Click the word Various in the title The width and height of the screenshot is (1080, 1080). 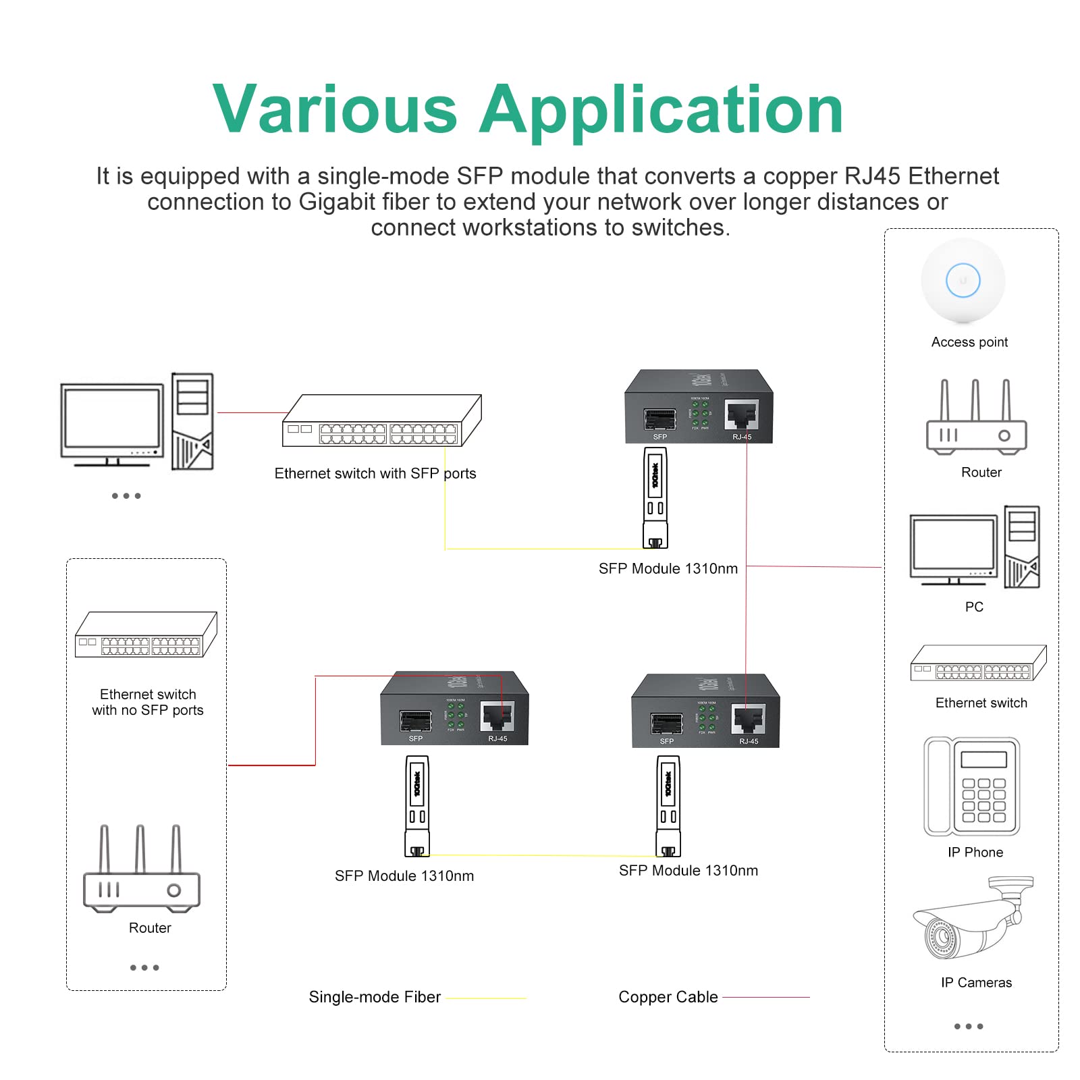pyautogui.click(x=335, y=110)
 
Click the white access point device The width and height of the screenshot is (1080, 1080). pyautogui.click(x=963, y=281)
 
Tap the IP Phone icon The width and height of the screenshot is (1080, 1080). pyautogui.click(x=971, y=786)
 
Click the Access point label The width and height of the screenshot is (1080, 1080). pyautogui.click(x=969, y=342)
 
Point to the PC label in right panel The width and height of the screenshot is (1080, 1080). pyautogui.click(x=974, y=607)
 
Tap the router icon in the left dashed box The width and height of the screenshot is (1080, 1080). pyautogui.click(x=141, y=871)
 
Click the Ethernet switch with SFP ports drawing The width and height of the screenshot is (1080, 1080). pyautogui.click(x=381, y=422)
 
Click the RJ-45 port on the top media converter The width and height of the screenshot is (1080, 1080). pyautogui.click(x=741, y=414)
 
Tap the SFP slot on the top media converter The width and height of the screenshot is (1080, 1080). pyautogui.click(x=659, y=419)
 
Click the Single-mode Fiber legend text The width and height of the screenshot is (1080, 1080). pyautogui.click(x=375, y=997)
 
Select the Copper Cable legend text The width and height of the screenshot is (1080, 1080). pyautogui.click(x=668, y=997)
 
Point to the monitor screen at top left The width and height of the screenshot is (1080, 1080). pyautogui.click(x=112, y=419)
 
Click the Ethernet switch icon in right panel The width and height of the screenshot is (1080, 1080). pyautogui.click(x=978, y=664)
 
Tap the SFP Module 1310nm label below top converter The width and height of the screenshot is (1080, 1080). pyautogui.click(x=668, y=568)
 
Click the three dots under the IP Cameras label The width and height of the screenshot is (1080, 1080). pyautogui.click(x=968, y=1026)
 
